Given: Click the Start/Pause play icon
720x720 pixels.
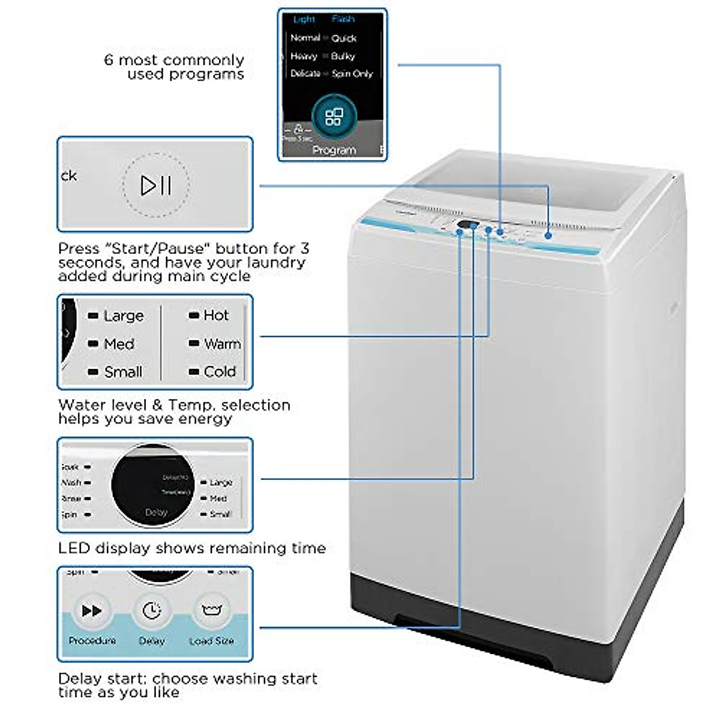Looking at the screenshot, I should pos(156,185).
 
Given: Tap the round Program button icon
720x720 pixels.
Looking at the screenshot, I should pos(334,116).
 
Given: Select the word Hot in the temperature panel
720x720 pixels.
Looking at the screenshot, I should pos(216,316).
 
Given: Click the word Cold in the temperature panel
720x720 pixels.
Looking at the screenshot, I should pos(220,372).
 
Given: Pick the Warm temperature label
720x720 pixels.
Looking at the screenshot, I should pos(222,344).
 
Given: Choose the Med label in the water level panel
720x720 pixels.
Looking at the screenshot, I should pos(119,344).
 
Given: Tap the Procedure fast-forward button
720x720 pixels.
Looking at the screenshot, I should pos(92,611).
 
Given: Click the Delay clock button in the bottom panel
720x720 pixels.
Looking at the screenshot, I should pos(152,611).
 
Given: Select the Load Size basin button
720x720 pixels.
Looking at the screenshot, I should pos(211,611).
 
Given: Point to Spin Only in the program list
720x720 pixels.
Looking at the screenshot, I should pos(352,74).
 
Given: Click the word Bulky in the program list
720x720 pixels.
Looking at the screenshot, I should pos(343,56).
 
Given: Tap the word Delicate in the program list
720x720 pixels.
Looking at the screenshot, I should pos(305,74).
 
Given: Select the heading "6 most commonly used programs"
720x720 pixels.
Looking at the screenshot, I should pos(174,67).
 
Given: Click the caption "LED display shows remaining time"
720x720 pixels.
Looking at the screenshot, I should pos(192,548).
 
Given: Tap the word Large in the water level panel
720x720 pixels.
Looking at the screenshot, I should pos(124,316).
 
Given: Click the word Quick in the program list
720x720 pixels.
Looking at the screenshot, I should pos(344,38).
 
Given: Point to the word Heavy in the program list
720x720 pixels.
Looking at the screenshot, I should pos(304,56).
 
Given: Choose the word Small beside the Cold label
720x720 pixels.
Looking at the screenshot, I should pos(123,372).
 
